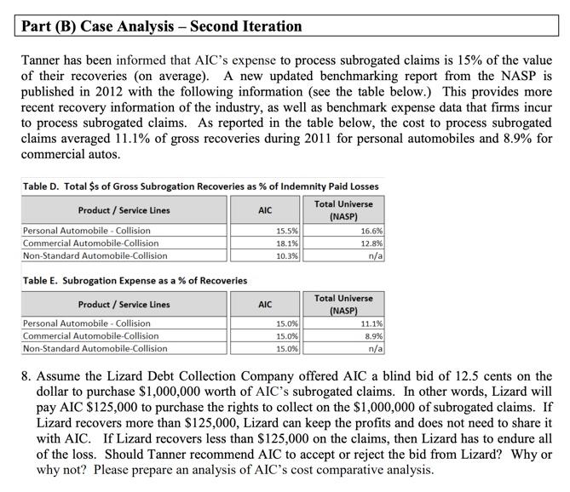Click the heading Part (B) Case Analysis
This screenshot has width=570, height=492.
click(162, 26)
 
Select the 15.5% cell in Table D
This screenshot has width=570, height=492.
click(287, 231)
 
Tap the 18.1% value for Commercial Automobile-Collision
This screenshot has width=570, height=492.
click(287, 243)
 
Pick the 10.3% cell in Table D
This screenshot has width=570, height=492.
click(287, 255)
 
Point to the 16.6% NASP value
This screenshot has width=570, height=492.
click(371, 231)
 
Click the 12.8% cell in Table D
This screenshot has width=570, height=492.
click(371, 243)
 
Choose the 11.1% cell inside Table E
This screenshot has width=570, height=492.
click(371, 324)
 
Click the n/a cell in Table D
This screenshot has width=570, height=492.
click(375, 255)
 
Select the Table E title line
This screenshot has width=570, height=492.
click(135, 280)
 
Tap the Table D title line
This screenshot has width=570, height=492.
click(200, 186)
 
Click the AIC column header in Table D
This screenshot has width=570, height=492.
click(265, 209)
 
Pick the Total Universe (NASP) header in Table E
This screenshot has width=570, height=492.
click(343, 304)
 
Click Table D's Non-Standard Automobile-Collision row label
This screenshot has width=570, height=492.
click(95, 255)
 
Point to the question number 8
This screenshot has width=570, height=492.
click(26, 376)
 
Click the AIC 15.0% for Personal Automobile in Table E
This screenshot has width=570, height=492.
click(287, 324)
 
